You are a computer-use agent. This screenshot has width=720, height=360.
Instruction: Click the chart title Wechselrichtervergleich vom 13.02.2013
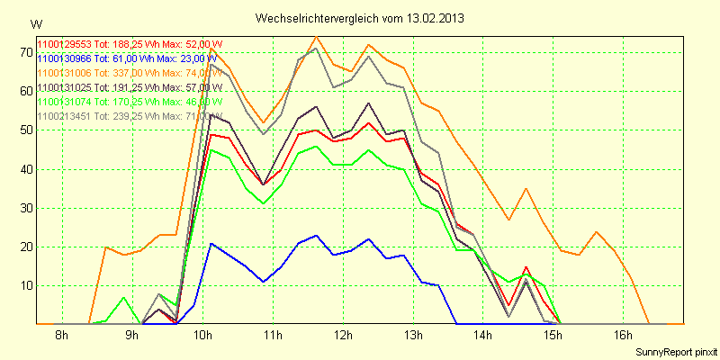[x=360, y=18]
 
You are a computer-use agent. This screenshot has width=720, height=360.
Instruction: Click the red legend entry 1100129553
[x=129, y=44]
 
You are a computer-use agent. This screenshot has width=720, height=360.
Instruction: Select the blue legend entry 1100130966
[x=129, y=58]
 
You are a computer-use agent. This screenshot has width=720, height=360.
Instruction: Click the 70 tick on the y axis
[x=25, y=52]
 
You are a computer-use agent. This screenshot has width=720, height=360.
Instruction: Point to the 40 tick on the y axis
[x=25, y=168]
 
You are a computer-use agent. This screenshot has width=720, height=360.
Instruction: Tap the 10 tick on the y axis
[x=25, y=285]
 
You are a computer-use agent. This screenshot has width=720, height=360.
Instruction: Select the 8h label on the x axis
[x=61, y=336]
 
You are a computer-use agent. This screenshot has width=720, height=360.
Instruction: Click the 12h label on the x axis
[x=343, y=336]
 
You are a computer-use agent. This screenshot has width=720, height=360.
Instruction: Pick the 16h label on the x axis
[x=624, y=336]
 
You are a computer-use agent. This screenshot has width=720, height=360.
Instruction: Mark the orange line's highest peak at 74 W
[x=316, y=37]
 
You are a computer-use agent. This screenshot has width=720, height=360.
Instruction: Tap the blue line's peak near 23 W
[x=316, y=236]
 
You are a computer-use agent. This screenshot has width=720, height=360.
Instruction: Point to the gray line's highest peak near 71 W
[x=316, y=49]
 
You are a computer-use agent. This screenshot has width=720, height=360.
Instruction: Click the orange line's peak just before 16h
[x=597, y=231]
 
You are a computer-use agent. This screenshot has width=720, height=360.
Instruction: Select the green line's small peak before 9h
[x=123, y=297]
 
